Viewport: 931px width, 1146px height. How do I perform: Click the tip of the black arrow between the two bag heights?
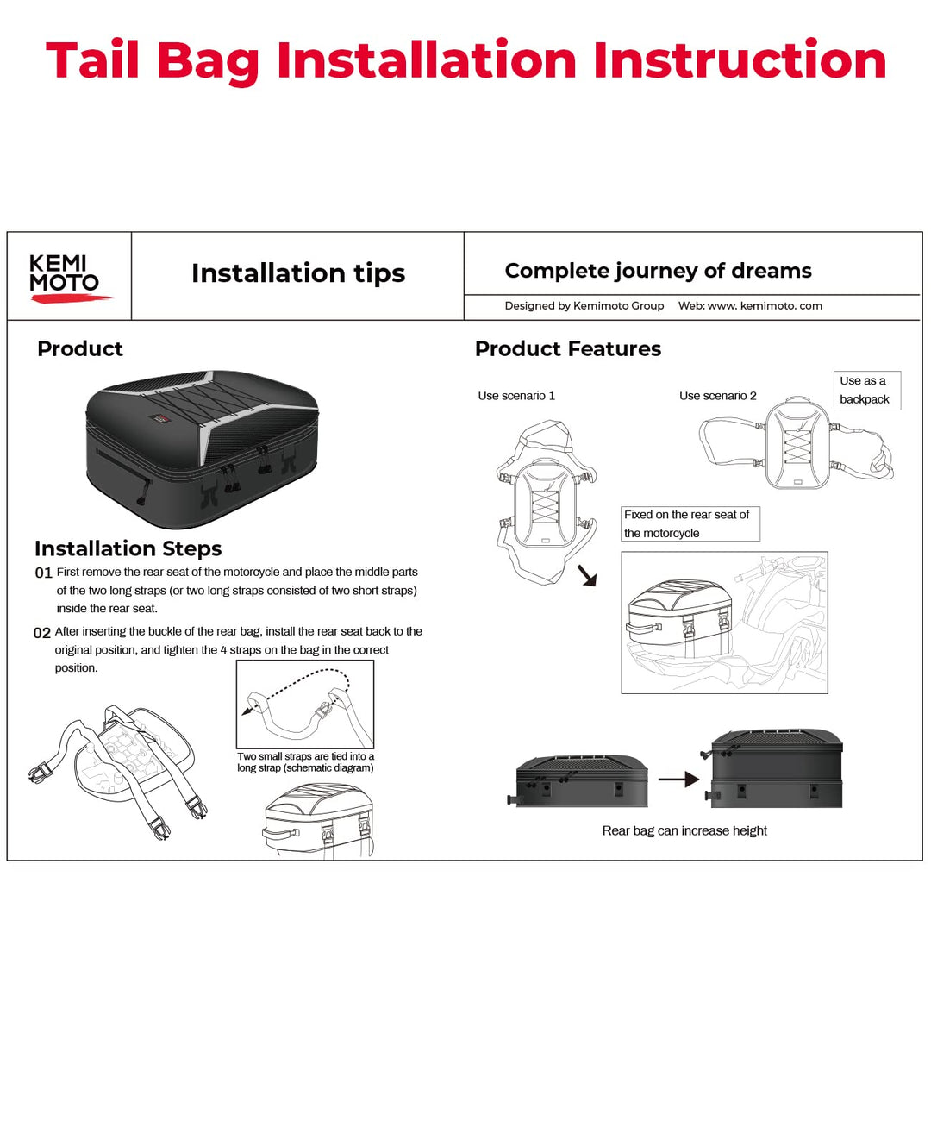click(x=699, y=779)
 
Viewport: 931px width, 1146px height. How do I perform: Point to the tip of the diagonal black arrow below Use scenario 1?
click(x=596, y=586)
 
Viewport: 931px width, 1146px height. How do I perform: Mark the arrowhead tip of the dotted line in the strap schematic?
click(x=242, y=715)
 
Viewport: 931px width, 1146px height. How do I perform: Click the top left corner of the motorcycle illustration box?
click(x=622, y=552)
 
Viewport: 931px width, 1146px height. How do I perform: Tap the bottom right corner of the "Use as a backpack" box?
click(x=901, y=410)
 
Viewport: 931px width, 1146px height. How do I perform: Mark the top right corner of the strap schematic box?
click(x=374, y=661)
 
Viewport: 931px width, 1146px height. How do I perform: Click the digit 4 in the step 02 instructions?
click(x=223, y=650)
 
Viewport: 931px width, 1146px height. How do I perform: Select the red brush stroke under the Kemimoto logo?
click(x=71, y=297)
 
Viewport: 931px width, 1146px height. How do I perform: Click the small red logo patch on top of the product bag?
click(x=159, y=417)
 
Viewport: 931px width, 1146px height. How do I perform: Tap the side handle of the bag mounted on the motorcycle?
click(x=643, y=628)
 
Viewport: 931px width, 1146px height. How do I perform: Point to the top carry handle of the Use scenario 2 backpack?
click(x=797, y=400)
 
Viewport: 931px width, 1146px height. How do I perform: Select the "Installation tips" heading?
click(x=298, y=272)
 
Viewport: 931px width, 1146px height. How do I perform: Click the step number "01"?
click(x=43, y=573)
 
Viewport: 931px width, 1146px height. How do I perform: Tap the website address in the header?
click(x=750, y=305)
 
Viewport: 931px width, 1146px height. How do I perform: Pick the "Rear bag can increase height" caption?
click(x=684, y=830)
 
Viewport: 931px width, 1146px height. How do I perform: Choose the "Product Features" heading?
click(x=568, y=348)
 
